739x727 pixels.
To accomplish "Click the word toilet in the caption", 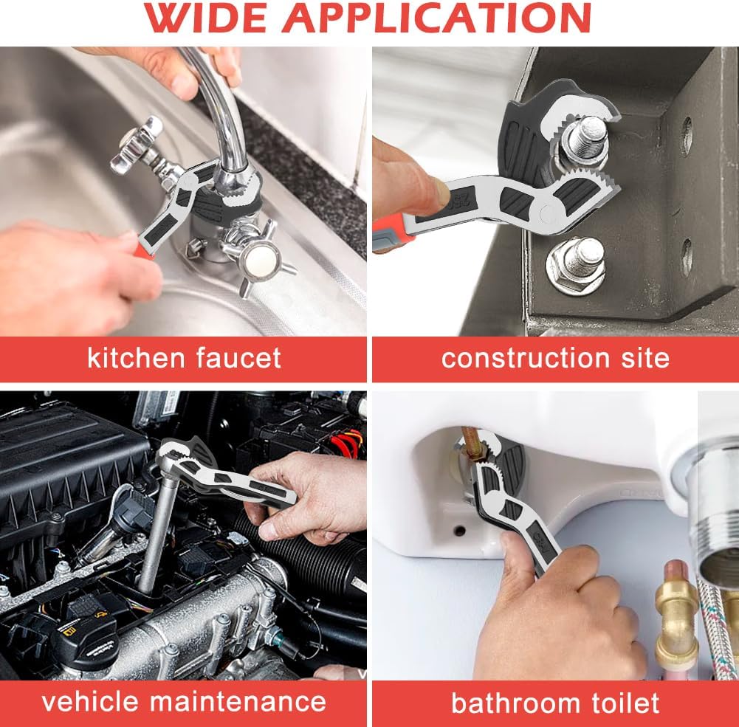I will tap(622, 702).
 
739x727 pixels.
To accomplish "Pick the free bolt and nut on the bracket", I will tap(577, 263).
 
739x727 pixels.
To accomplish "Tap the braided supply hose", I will tap(712, 635).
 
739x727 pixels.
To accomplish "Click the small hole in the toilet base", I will tap(459, 530).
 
